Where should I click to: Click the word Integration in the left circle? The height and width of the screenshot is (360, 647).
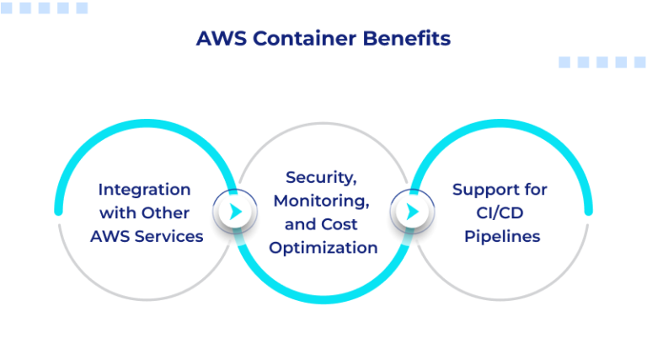coord(144,189)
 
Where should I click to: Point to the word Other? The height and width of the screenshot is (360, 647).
coord(166,212)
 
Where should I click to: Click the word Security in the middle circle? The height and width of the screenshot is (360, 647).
coord(317,177)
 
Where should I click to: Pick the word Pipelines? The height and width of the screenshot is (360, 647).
coord(501,236)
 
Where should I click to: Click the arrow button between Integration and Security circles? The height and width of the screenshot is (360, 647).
coord(235,212)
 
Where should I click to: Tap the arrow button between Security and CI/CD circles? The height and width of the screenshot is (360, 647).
coord(412,212)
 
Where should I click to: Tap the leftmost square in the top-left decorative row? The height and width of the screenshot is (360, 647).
coord(8,8)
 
